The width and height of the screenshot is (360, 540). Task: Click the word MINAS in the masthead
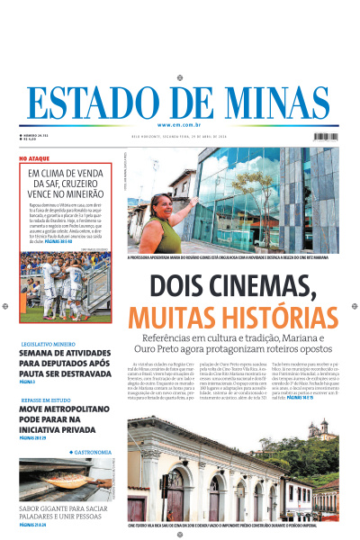point(279,101)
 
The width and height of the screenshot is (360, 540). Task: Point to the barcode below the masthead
point(326,137)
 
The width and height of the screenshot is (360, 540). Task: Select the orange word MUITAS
point(166,318)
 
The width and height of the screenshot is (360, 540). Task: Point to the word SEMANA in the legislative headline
point(38,354)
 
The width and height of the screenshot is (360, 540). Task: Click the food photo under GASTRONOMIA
point(63,480)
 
